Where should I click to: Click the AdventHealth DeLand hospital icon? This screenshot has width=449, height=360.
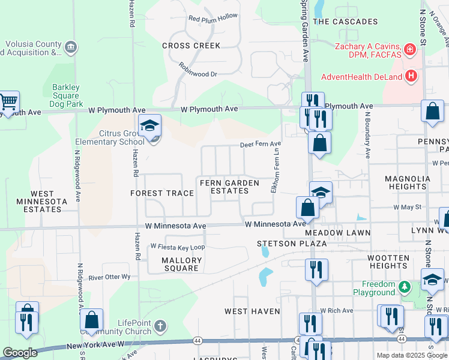tap(411, 76)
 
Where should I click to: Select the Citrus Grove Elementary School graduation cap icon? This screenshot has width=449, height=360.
tap(149, 125)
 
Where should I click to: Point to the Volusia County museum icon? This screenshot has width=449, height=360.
tap(71, 47)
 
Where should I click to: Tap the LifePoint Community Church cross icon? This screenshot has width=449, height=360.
tap(160, 326)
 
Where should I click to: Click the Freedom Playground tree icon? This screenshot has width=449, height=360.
tap(405, 287)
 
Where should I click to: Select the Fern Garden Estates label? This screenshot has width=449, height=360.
tap(229, 187)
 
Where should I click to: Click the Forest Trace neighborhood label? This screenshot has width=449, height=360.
tap(162, 193)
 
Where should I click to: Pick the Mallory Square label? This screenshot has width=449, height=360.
tap(181, 264)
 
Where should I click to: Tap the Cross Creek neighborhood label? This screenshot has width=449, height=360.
tap(191, 46)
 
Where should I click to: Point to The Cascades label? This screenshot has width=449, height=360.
tap(346, 22)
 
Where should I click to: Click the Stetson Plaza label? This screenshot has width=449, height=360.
tap(292, 244)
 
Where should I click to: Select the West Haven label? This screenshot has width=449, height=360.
tap(252, 311)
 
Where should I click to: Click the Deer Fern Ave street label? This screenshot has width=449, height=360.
tap(261, 144)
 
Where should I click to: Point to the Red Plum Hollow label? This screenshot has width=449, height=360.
tap(213, 18)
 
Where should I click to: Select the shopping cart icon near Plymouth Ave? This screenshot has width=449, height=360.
tap(8, 103)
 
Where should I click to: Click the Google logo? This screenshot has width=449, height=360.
tap(20, 353)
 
